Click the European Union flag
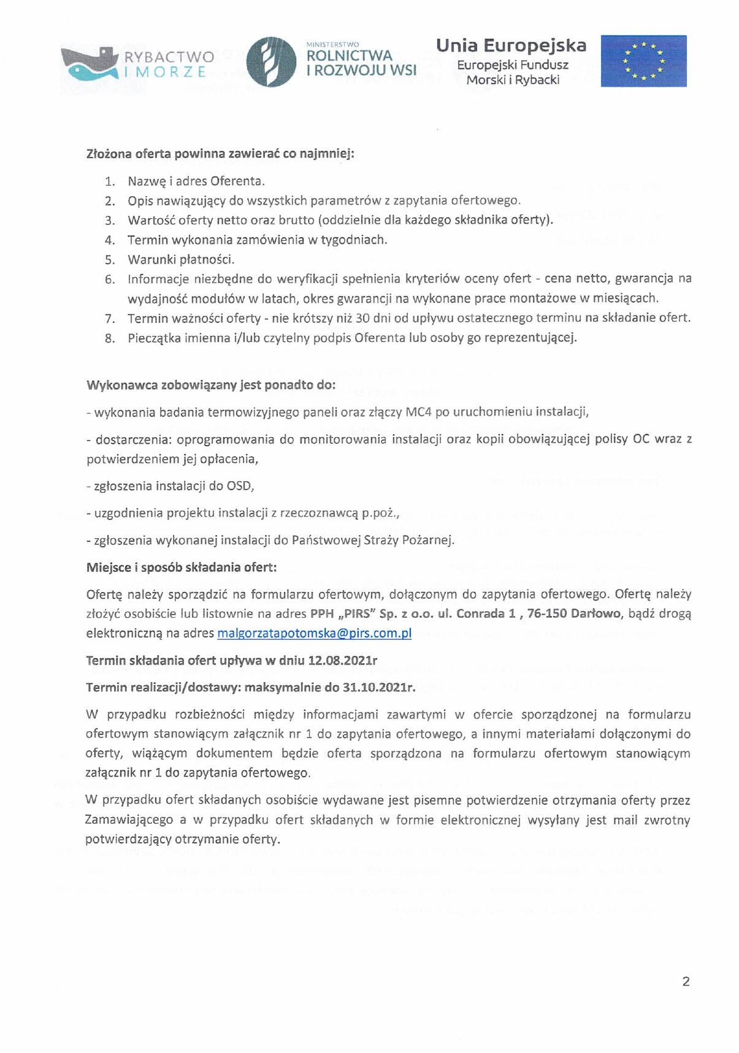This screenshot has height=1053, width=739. coord(643,61)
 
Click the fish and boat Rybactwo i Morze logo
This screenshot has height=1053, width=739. coord(89,64)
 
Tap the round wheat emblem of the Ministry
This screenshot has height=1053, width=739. coord(270,61)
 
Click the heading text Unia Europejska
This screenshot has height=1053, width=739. coord(511,45)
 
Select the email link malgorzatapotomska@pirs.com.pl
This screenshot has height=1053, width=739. coord(314,633)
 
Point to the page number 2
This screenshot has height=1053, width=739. coord(686,981)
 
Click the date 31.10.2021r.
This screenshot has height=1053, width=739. coord(378,686)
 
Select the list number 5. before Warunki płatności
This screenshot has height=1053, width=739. coord(110,259)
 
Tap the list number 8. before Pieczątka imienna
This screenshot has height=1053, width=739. coord(110,338)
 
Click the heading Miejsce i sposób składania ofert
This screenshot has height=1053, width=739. coord(182,567)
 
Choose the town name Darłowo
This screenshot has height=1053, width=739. coord(595,614)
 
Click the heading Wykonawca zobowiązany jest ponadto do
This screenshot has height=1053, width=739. coord(211,386)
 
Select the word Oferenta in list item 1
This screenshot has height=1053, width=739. coord(237,181)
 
